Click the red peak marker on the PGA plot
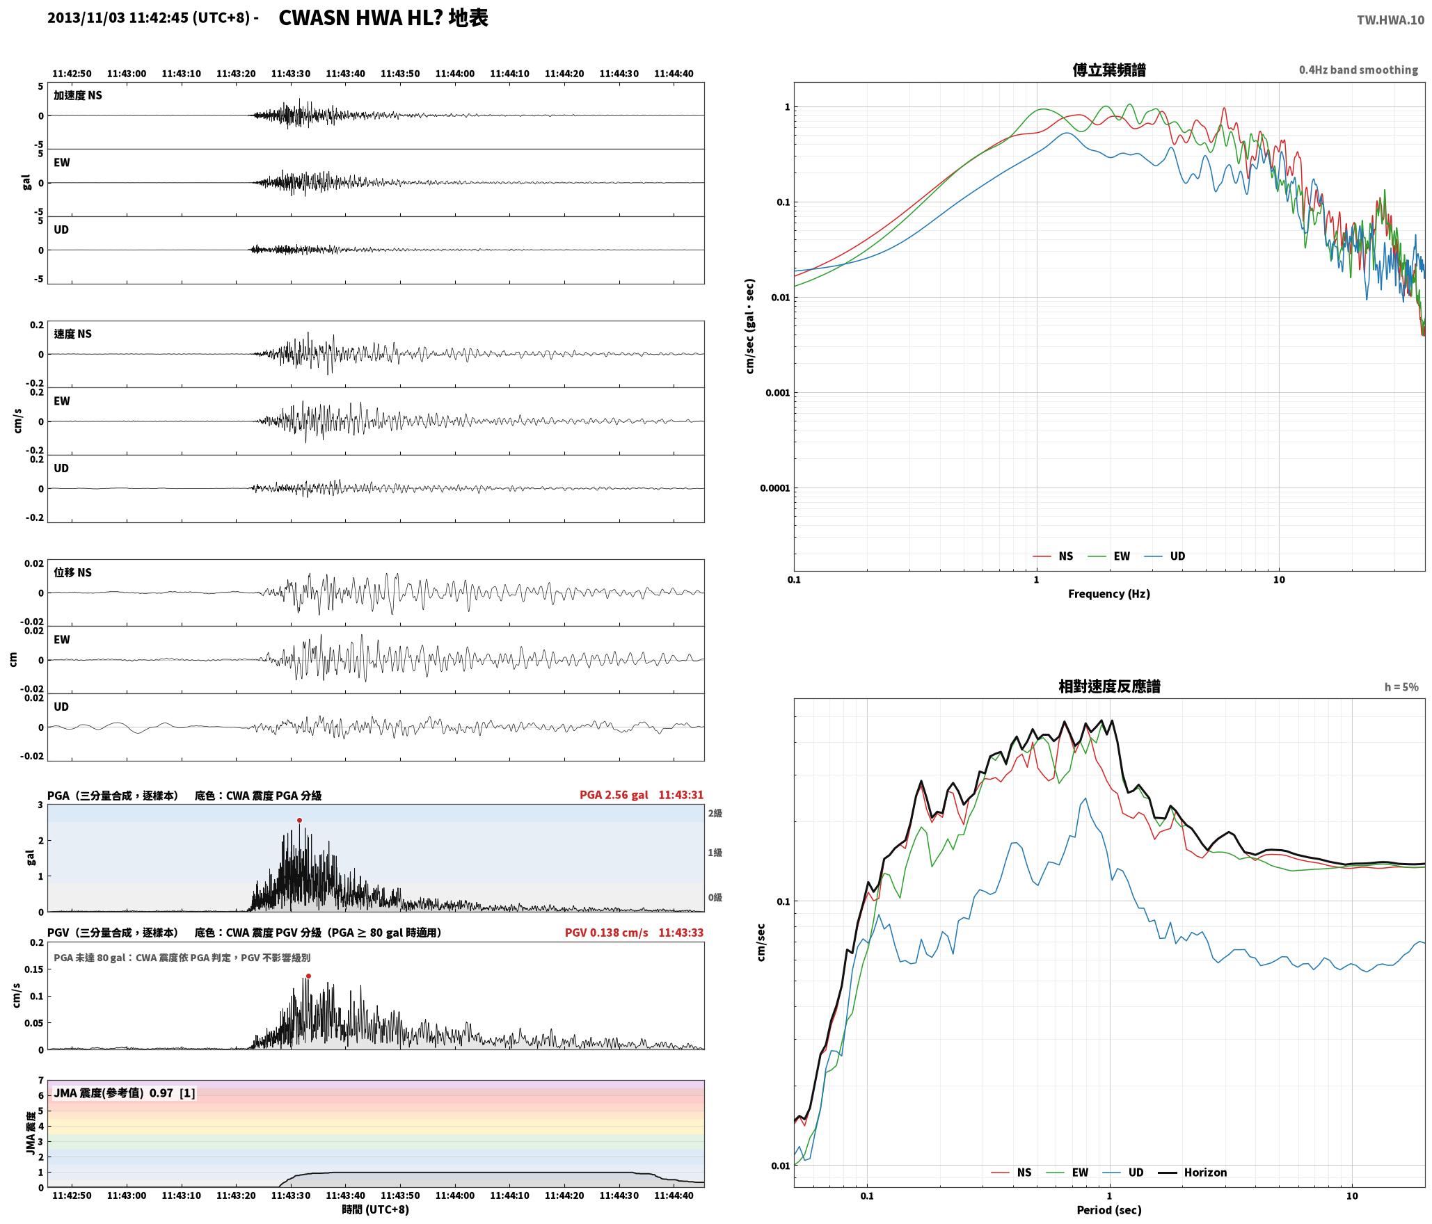299,820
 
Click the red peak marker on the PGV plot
308,976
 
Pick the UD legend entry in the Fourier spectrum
1165,556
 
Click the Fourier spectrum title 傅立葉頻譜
1109,70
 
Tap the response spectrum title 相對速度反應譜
1109,686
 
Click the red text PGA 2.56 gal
614,795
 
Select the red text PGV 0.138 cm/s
606,933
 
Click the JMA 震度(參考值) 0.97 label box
125,1093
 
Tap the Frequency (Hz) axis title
1109,593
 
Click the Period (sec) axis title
1109,1209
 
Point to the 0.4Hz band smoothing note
1358,70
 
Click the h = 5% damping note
1401,687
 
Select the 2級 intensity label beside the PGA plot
715,813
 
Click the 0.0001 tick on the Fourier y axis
775,488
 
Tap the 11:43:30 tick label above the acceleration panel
291,74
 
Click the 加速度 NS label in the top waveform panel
78,95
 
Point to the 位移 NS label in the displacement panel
73,572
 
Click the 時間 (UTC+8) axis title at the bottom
376,1209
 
